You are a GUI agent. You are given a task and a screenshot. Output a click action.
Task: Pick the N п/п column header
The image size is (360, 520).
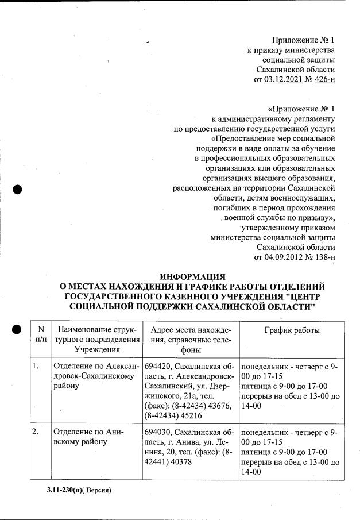tap(40, 334)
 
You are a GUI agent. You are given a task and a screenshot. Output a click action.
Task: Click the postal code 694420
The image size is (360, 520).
tap(159, 365)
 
